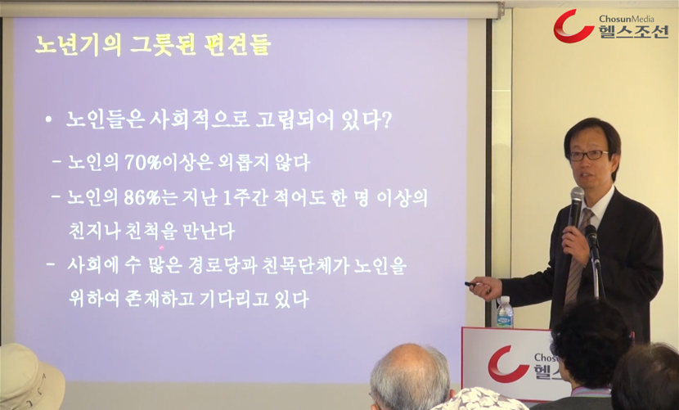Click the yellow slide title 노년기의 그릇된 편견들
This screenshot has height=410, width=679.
tap(153, 45)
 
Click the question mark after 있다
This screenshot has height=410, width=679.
tap(386, 121)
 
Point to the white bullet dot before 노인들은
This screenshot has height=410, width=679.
tap(48, 119)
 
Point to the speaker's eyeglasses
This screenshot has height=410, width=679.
tap(588, 155)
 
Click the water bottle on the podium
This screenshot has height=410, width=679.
tap(505, 312)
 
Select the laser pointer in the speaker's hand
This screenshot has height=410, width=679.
tap(471, 284)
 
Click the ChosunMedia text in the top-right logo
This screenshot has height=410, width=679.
tap(627, 19)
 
